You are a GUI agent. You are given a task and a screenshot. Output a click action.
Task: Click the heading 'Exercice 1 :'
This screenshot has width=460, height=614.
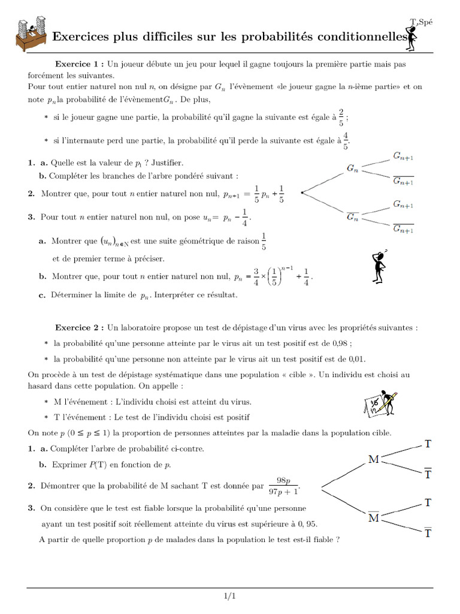tap(80, 64)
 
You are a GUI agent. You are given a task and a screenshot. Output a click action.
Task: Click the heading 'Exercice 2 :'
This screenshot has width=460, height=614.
tap(80, 328)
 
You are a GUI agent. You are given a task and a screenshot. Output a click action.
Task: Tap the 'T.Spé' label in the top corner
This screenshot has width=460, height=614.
tap(421, 22)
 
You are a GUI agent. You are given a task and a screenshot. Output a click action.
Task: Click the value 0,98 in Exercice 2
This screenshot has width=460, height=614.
tap(338, 344)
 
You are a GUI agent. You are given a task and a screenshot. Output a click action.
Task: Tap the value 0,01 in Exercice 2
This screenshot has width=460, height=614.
tap(354, 359)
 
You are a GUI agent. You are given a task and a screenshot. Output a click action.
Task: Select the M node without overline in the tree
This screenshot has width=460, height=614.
tap(374, 460)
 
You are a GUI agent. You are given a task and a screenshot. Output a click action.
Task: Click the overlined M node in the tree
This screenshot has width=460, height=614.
tap(374, 517)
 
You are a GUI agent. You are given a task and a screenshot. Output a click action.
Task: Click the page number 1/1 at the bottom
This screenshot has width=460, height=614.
tap(230, 596)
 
